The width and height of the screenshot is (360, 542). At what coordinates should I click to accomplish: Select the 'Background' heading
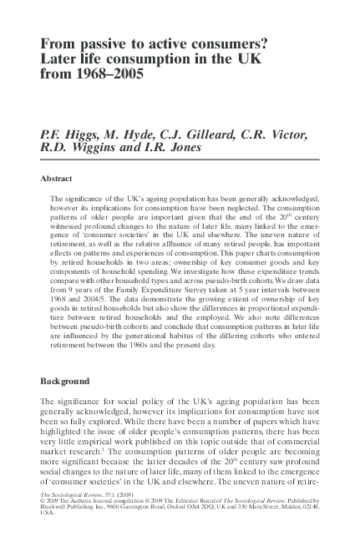pyautogui.click(x=65, y=381)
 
